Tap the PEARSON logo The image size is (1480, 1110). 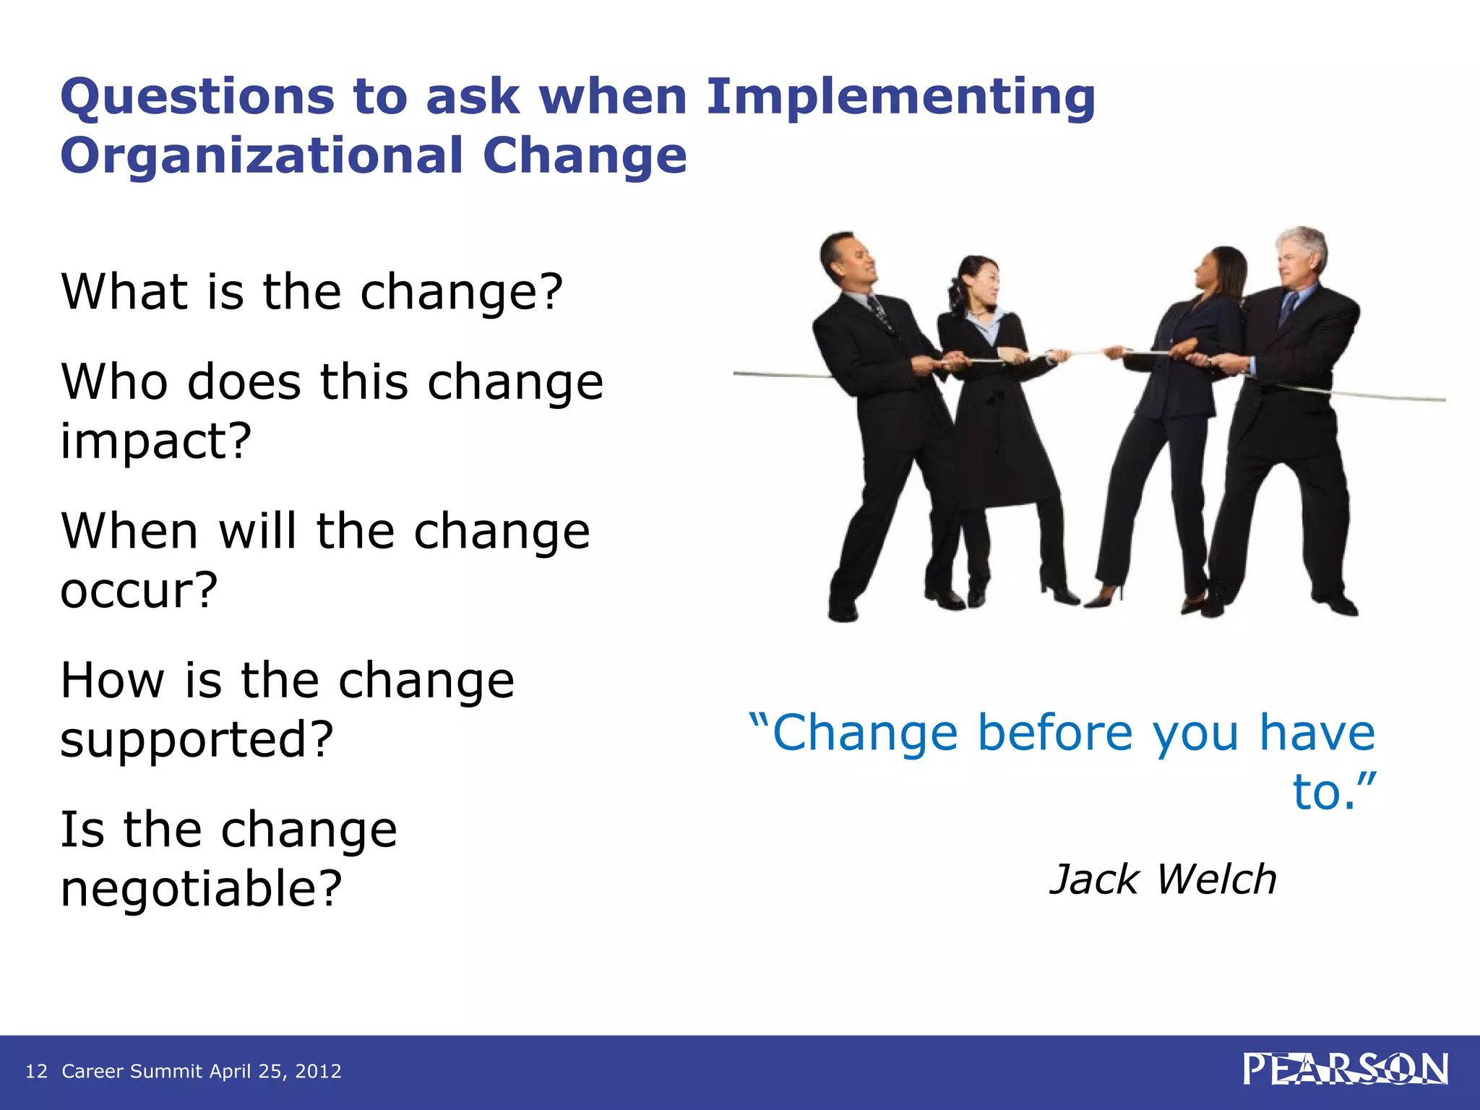point(1345,1070)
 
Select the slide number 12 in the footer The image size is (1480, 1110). point(36,1071)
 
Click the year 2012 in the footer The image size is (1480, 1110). point(318,1071)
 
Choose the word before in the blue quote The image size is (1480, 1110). point(1056,733)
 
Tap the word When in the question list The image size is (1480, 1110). point(129,531)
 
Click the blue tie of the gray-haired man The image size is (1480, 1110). point(1286,307)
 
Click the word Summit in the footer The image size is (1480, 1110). point(166,1071)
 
